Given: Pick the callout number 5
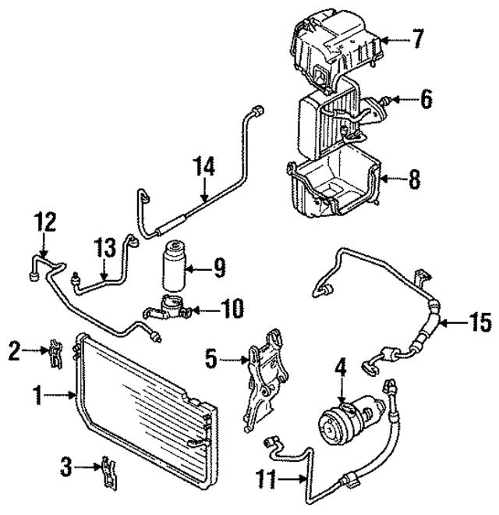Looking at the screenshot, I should point(210,360).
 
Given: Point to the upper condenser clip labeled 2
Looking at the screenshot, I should point(55,351).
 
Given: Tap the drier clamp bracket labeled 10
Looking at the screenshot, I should point(168,311).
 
